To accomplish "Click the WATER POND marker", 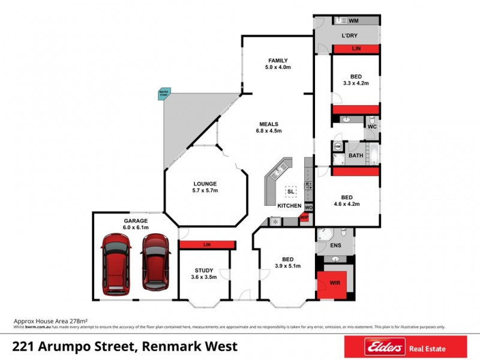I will [164, 94].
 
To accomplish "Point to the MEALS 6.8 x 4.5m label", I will [268, 127].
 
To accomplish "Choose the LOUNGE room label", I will [205, 187].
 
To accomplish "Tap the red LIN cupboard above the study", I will [207, 245].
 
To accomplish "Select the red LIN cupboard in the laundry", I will [356, 49].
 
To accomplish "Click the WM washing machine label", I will [353, 20].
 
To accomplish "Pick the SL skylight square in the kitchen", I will [291, 191].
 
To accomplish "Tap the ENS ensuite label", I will [335, 246].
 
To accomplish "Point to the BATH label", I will [356, 156].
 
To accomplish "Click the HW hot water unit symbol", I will [338, 146].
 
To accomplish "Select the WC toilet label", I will [372, 127].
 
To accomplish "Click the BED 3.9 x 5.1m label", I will [287, 262].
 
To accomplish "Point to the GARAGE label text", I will [136, 221].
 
